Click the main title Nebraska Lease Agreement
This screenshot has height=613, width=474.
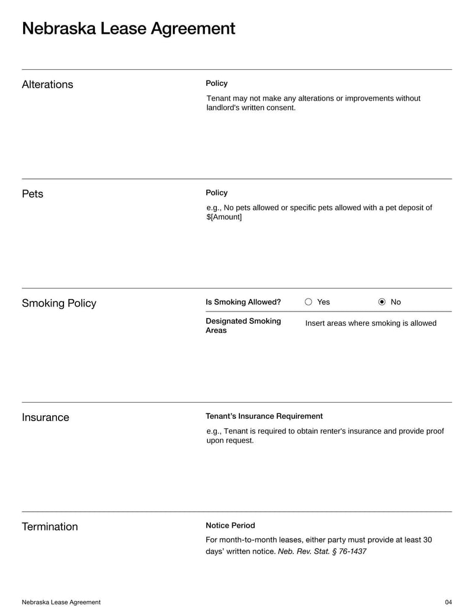pos(129,28)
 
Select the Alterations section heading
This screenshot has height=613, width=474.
pos(47,85)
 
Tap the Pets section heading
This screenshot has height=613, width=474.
pos(33,194)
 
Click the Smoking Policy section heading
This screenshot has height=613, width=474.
pos(59,303)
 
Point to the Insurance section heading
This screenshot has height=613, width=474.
pos(46,418)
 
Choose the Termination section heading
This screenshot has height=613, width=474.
pos(50,527)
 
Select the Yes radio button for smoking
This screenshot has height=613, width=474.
pos(309,302)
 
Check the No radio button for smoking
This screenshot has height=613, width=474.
pos(382,302)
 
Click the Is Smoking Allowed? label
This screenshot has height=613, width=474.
pos(243,302)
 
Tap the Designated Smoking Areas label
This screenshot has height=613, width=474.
pos(243,326)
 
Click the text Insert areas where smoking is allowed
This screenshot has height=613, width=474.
pos(371,323)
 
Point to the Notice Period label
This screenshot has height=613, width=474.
pos(230,525)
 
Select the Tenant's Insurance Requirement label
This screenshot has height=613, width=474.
pos(264,416)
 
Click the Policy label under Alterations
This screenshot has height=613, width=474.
pos(216,84)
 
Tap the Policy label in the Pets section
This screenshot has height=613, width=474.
pos(216,193)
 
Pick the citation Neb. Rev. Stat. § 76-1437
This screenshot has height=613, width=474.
pos(322,551)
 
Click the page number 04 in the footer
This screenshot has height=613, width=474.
pos(448,602)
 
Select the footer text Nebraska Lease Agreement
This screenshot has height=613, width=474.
pos(61,602)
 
